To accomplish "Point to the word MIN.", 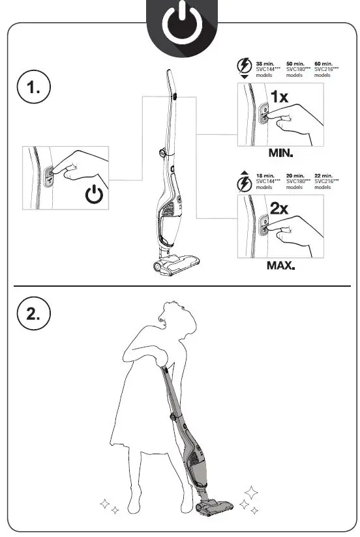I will coord(280,155).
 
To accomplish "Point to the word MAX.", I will coord(280,266).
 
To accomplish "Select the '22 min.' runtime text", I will coord(324,176).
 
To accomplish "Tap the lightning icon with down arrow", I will coord(244,68).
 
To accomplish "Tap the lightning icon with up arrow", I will coord(244,182).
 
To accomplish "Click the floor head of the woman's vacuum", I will coord(215,504).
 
